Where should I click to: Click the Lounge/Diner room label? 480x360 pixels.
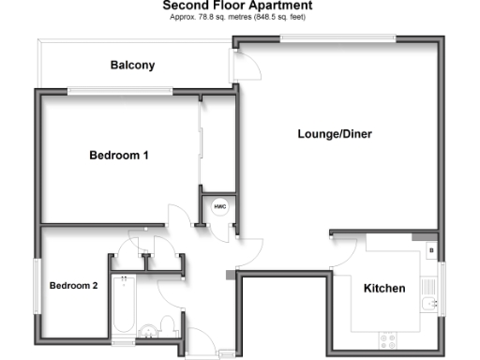[x=335, y=134]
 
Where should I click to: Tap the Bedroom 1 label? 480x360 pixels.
[x=119, y=155]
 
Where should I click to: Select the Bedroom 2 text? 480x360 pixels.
[x=74, y=286]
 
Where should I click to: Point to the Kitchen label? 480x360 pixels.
[x=384, y=288]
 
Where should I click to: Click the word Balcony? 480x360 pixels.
[x=132, y=66]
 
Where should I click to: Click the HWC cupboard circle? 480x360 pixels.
[x=220, y=206]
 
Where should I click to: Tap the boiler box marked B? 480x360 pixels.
[x=430, y=250]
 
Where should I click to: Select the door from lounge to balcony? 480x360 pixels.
[x=247, y=66]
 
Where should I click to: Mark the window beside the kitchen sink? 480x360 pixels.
[x=442, y=286]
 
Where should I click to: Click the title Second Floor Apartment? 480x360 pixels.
[x=238, y=7]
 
